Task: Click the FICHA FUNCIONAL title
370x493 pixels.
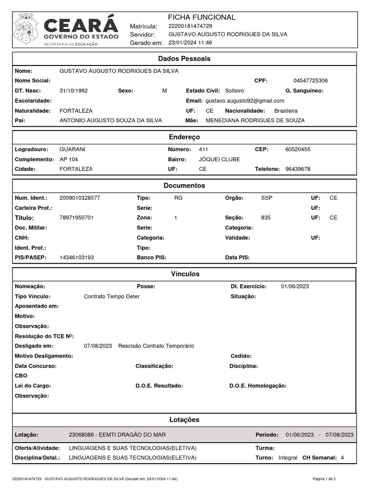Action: [201, 17]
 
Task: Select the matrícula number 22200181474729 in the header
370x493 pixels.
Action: [190, 26]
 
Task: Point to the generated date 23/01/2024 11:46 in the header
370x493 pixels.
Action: [190, 42]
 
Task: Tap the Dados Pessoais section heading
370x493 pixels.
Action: [185, 59]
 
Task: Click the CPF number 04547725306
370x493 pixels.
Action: [310, 80]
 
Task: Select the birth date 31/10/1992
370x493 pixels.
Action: [73, 91]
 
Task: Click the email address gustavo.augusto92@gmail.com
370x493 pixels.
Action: [245, 101]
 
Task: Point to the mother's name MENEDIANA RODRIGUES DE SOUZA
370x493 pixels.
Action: [255, 120]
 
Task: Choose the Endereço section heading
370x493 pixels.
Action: [185, 138]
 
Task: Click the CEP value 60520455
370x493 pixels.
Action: [298, 149]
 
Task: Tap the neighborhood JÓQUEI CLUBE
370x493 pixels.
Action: [219, 159]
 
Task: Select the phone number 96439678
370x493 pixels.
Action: [298, 169]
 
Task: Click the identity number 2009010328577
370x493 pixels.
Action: [79, 198]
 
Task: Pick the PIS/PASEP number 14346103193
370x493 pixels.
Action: [77, 258]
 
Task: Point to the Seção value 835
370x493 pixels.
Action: [265, 218]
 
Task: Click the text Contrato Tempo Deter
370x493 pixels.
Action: [111, 296]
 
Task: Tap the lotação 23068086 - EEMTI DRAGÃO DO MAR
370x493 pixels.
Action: [117, 435]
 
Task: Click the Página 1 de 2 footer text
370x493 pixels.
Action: [324, 479]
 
